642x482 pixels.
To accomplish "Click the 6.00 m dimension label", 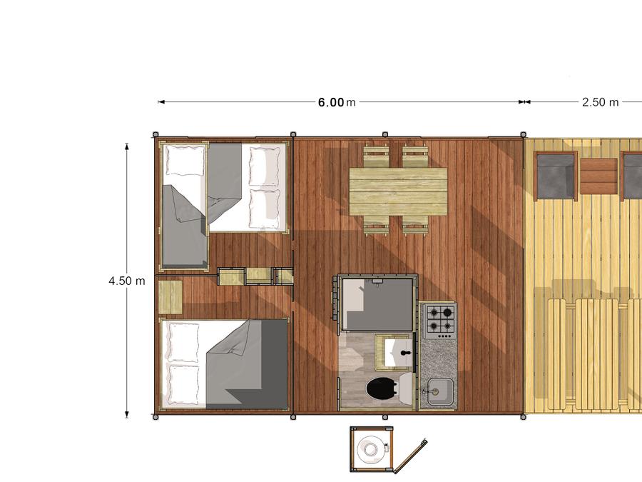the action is click(337, 102).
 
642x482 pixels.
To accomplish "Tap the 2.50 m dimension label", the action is click(600, 102).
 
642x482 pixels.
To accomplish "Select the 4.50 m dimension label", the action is click(127, 281).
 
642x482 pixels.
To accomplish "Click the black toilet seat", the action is click(381, 388).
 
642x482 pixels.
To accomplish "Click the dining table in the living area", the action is click(398, 192).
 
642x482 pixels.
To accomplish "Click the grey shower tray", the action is click(377, 304).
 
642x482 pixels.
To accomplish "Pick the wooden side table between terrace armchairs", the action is click(598, 176).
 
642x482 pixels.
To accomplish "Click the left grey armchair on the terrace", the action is click(556, 176).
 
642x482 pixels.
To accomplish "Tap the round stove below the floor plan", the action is click(371, 449).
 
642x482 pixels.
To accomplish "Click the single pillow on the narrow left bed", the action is click(184, 161).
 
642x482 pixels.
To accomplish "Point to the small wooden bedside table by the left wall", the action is click(170, 297).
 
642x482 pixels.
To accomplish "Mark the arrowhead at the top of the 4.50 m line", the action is click(127, 146).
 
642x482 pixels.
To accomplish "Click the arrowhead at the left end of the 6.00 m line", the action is click(161, 102).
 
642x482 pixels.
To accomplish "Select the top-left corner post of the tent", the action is click(156, 134).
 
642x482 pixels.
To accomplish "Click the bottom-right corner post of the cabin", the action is click(524, 417).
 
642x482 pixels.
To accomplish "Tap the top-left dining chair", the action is click(376, 157).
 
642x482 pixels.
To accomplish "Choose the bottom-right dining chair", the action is click(415, 226).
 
